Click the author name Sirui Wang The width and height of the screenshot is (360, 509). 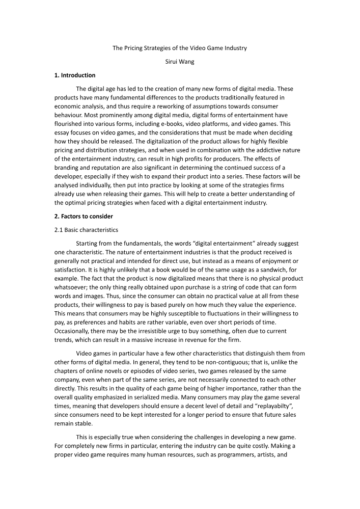180,62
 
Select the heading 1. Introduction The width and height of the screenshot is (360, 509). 74,75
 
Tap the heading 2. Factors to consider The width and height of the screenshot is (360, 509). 84,216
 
